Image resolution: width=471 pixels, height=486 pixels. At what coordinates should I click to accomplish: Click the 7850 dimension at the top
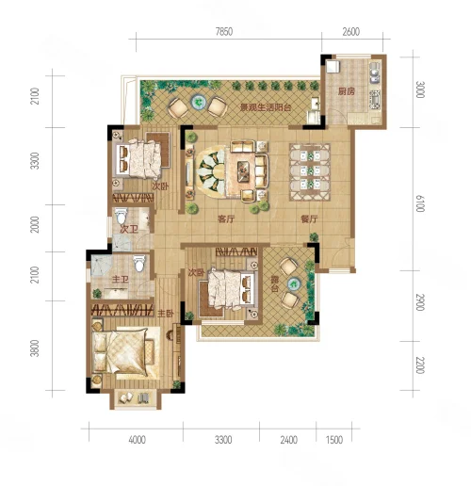pyautogui.click(x=224, y=32)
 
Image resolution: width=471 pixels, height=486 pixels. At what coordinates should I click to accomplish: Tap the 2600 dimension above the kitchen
pyautogui.click(x=350, y=32)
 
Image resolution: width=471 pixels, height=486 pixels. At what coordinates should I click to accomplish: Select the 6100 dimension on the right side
pyautogui.click(x=420, y=203)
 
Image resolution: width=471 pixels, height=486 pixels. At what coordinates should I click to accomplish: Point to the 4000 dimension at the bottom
pyautogui.click(x=138, y=440)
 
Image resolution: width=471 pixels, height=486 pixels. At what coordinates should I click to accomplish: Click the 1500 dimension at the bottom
pyautogui.click(x=334, y=440)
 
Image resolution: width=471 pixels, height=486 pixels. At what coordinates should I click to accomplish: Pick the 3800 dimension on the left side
pyautogui.click(x=35, y=348)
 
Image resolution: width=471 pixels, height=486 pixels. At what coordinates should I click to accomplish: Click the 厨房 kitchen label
pyautogui.click(x=347, y=91)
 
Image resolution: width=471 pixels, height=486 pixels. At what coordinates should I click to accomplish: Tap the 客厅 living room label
pyautogui.click(x=226, y=219)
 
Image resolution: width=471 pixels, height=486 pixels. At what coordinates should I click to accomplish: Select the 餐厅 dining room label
pyautogui.click(x=309, y=219)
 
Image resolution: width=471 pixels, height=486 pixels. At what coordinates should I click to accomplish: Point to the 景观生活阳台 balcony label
pyautogui.click(x=266, y=107)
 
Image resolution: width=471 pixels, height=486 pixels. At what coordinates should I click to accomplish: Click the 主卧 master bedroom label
pyautogui.click(x=166, y=314)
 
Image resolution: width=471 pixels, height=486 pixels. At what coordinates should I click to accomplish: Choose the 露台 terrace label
pyautogui.click(x=275, y=284)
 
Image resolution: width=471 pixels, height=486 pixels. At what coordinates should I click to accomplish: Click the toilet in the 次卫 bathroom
pyautogui.click(x=121, y=216)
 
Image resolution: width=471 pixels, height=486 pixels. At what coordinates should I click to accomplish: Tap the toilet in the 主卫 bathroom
pyautogui.click(x=139, y=263)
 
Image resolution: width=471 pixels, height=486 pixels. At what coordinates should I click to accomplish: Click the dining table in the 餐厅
pyautogui.click(x=310, y=171)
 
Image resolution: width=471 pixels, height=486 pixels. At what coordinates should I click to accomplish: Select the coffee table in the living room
pyautogui.click(x=244, y=171)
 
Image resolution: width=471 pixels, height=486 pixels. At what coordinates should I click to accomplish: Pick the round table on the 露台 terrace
pyautogui.click(x=294, y=283)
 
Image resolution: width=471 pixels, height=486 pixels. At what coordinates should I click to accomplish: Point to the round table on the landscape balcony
pyautogui.click(x=199, y=102)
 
